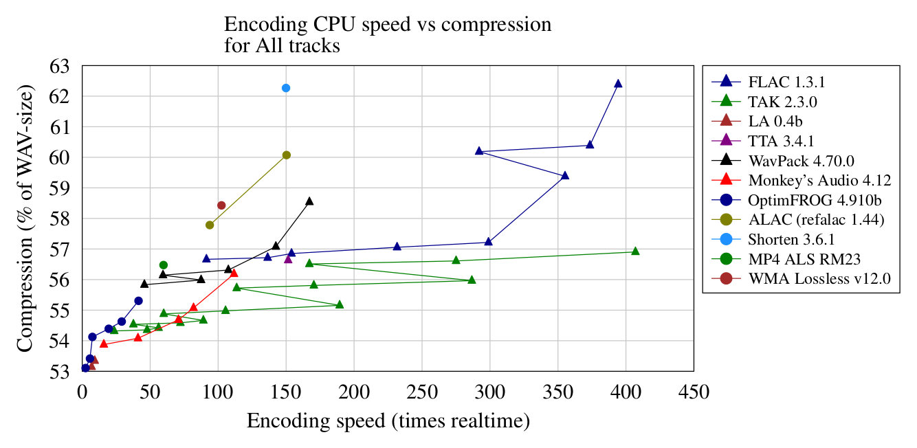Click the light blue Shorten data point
[x=286, y=88]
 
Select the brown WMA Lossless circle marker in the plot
[x=221, y=205]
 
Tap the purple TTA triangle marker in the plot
[x=288, y=258]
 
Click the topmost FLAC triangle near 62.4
[x=618, y=84]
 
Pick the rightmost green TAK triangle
[x=635, y=251]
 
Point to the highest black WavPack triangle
[x=309, y=201]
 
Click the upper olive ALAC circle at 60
[x=287, y=155]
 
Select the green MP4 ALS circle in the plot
[x=164, y=265]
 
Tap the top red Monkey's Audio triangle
[x=234, y=273]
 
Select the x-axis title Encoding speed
[x=388, y=421]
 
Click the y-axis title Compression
[x=26, y=218]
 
